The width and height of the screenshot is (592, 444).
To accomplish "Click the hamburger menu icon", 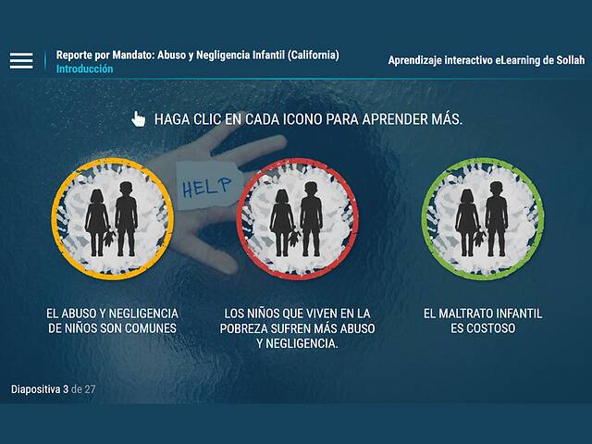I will [x=21, y=61].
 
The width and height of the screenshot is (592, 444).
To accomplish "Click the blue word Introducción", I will [x=84, y=69].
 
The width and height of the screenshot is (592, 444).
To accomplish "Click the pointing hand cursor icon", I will [x=139, y=118].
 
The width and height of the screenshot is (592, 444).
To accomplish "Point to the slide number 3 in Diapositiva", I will [x=66, y=389].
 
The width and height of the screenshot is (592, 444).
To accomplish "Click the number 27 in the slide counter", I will [x=89, y=389].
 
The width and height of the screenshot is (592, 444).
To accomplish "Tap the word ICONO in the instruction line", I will [x=312, y=119].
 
